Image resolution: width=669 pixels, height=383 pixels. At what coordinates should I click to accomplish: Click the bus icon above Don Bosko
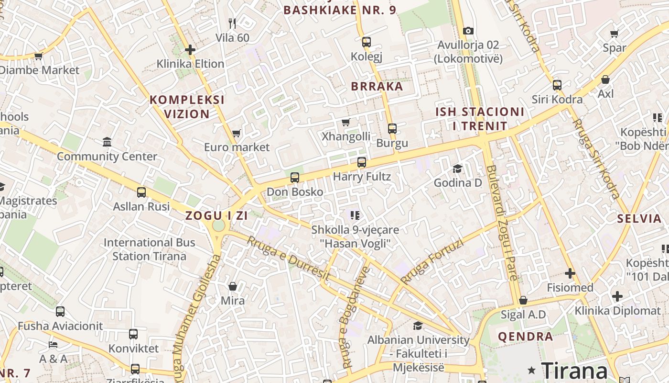coord(295,178)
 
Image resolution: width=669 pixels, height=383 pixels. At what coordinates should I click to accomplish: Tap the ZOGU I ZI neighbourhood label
coord(216,215)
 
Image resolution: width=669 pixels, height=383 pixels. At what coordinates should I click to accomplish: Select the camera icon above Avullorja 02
coord(468,31)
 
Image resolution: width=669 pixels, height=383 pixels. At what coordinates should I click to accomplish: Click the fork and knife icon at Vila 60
coord(232,23)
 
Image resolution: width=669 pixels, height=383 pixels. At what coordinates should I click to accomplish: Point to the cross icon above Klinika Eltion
coord(190,49)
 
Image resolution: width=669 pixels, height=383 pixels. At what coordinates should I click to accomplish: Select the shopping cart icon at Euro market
coord(236,133)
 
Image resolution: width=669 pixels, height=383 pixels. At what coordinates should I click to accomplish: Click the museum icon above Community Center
coord(107,142)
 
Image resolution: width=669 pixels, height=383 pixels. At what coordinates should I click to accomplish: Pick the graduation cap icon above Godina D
coord(457,169)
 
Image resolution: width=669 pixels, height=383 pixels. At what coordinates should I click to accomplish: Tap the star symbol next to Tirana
coord(531,370)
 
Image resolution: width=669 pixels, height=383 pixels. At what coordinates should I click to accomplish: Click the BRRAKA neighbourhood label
coord(377,87)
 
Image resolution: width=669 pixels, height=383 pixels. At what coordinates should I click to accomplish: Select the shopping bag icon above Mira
coord(233,286)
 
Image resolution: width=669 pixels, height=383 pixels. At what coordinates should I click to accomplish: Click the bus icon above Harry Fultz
coord(362,162)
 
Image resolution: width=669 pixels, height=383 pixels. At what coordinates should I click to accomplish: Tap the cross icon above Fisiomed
coord(570,273)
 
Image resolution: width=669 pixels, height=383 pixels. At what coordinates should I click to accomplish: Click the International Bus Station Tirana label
coord(149,249)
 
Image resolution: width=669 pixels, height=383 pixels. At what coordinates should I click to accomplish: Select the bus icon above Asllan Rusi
coord(141,192)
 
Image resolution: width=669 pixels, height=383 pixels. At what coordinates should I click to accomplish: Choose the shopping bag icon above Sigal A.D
coord(523,300)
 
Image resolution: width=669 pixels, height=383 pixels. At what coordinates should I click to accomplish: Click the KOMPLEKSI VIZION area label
coord(187,107)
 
